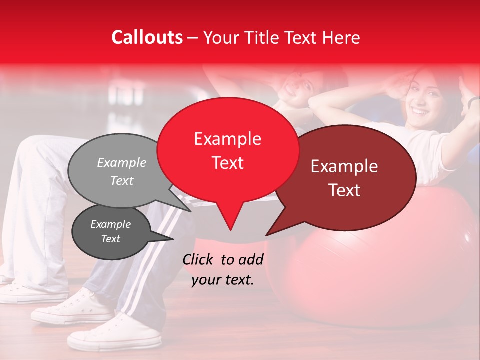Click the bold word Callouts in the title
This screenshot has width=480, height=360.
[x=147, y=37]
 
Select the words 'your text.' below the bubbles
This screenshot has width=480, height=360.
[x=223, y=280]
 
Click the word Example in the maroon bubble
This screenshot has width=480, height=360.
[x=344, y=166]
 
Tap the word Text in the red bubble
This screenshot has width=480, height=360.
[x=227, y=163]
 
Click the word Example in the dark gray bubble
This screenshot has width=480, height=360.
[x=110, y=224]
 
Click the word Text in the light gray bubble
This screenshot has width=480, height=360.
[x=122, y=181]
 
